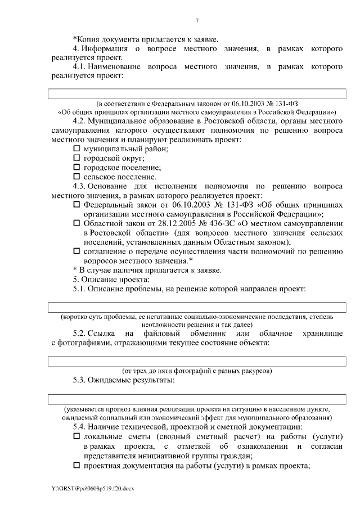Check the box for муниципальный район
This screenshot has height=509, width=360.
click(77, 149)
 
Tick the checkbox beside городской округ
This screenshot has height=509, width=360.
click(77, 158)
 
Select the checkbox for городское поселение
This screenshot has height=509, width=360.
click(77, 167)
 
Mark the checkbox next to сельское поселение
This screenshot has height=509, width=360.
click(77, 176)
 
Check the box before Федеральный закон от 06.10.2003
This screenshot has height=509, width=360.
click(77, 204)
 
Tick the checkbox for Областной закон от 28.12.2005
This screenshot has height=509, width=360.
click(77, 223)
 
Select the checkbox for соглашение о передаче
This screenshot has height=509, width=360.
click(77, 251)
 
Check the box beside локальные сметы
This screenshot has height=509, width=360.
click(77, 437)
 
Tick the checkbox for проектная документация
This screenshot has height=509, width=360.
click(77, 465)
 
